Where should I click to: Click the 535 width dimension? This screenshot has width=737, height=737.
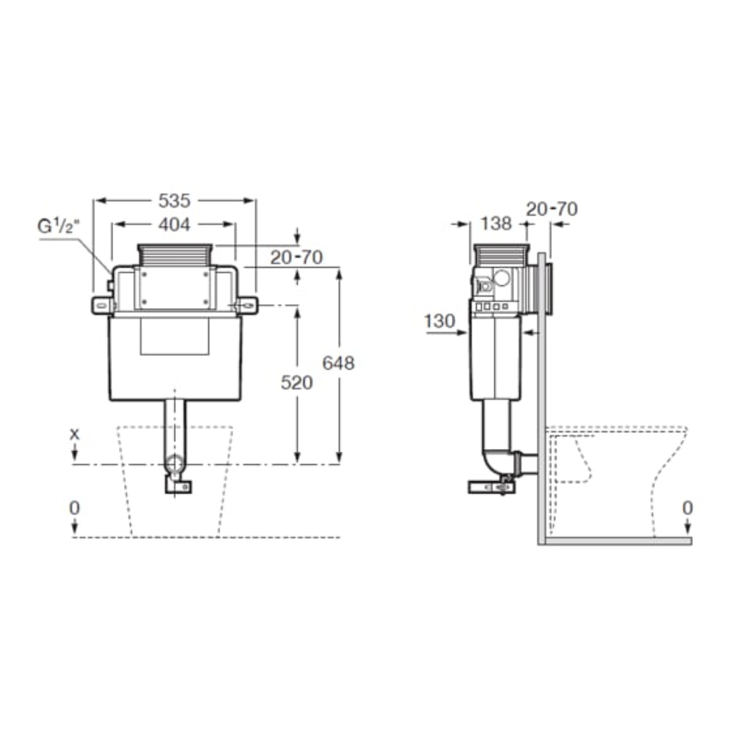(175, 201)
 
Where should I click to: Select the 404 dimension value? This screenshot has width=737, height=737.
(175, 224)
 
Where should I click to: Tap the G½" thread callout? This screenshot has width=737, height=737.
(59, 227)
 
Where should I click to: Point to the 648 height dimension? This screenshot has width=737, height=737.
(338, 363)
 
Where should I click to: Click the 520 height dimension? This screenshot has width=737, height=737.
(296, 383)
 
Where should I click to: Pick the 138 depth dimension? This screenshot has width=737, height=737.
(496, 224)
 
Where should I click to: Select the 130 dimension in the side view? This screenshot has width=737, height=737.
(439, 321)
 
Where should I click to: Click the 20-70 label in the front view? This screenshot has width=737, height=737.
(296, 257)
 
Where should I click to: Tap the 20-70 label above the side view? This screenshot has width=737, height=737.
(551, 209)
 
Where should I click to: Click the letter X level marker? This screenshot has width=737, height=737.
(75, 434)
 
